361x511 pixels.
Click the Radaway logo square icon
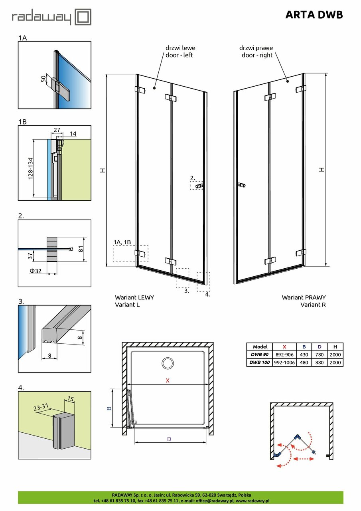tap(84, 18)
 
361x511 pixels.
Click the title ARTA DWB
tap(314, 15)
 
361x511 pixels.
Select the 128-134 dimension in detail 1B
tap(30, 168)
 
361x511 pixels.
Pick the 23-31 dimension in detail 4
tap(41, 407)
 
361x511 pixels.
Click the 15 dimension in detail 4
tap(70, 399)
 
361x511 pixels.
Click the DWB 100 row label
tap(260, 362)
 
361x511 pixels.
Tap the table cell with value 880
tap(319, 362)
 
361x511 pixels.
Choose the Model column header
tap(260, 347)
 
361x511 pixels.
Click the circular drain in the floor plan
tap(168, 363)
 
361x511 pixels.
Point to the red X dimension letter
tap(168, 380)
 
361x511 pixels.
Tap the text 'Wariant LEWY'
tap(134, 297)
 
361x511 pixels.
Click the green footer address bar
tap(180, 497)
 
